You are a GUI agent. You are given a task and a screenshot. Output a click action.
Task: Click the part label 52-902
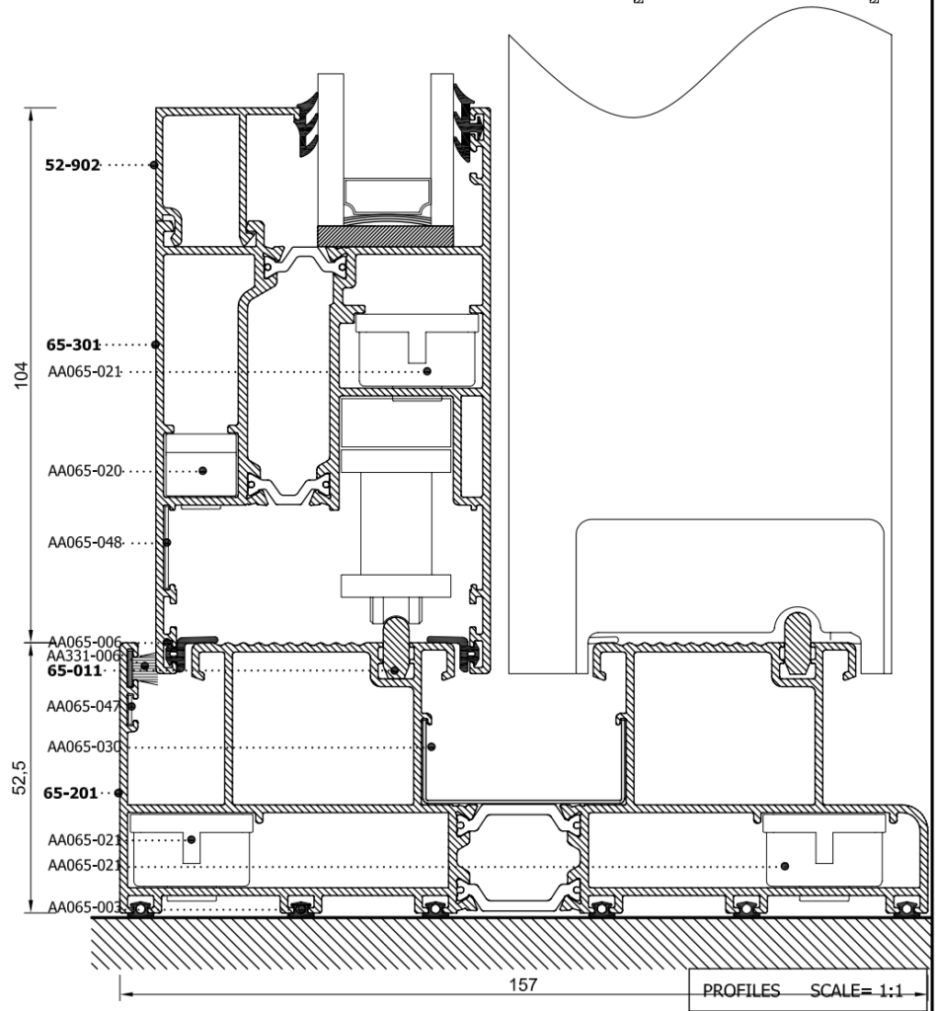pyautogui.click(x=73, y=165)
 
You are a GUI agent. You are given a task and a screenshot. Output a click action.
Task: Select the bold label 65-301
pyautogui.click(x=73, y=345)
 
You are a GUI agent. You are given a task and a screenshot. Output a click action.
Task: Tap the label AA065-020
pyautogui.click(x=85, y=471)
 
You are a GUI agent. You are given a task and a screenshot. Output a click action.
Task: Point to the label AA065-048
pyautogui.click(x=85, y=543)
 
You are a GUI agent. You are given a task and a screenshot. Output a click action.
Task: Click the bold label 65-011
pyautogui.click(x=75, y=671)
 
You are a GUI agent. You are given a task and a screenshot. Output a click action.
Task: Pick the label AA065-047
pyautogui.click(x=84, y=707)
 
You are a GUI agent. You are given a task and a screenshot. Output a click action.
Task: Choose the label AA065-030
pyautogui.click(x=85, y=747)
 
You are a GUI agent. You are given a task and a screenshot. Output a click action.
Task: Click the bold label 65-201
pyautogui.click(x=70, y=793)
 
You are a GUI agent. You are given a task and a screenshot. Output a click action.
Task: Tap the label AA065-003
pyautogui.click(x=85, y=908)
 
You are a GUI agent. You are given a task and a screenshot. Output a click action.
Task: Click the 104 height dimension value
pyautogui.click(x=22, y=375)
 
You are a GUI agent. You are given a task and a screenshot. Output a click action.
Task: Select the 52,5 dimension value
pyautogui.click(x=21, y=778)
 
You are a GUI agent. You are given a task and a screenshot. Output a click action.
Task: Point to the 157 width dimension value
pyautogui.click(x=522, y=985)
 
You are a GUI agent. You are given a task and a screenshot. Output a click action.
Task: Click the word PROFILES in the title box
pyautogui.click(x=741, y=990)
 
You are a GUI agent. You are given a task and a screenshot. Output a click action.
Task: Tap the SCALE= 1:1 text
pyautogui.click(x=857, y=990)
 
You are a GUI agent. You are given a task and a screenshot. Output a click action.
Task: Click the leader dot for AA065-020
pyautogui.click(x=202, y=471)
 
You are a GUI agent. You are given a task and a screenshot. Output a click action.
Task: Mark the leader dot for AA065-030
pyautogui.click(x=431, y=746)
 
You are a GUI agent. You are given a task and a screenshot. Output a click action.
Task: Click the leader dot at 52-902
pyautogui.click(x=153, y=165)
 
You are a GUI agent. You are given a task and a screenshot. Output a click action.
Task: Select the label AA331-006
pyautogui.click(x=84, y=657)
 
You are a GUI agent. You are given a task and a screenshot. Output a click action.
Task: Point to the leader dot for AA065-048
pyautogui.click(x=166, y=543)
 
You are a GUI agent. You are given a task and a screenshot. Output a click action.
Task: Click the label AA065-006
pyautogui.click(x=85, y=642)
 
